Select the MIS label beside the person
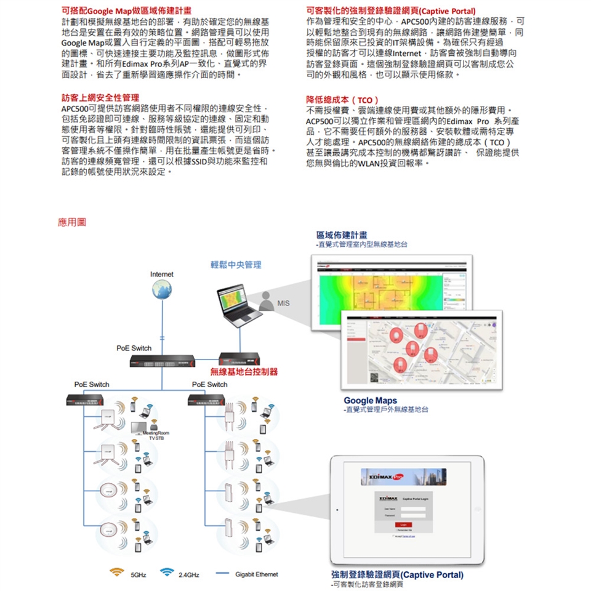tap(283, 303)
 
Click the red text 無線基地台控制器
tap(243, 372)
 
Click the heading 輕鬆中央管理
tap(236, 265)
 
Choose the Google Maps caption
tap(370, 401)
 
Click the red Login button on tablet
tap(401, 524)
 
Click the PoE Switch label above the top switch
tap(134, 348)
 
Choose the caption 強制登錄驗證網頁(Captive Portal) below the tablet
tap(396, 575)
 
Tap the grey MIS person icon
tap(265, 302)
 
